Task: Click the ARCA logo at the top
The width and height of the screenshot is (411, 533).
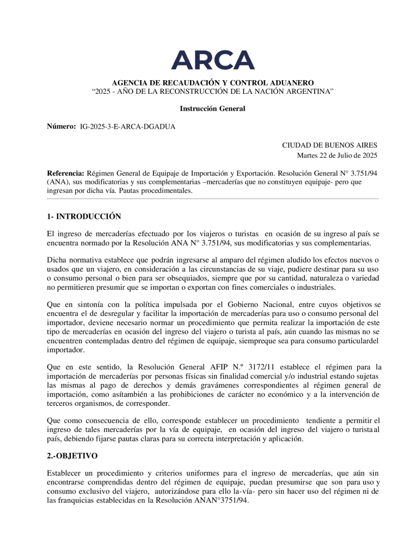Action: [x=213, y=60]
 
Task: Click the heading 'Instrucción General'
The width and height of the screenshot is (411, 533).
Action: [x=212, y=108]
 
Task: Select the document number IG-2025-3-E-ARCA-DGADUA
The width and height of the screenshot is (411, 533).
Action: [x=127, y=127]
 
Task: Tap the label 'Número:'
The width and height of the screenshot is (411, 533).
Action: [x=61, y=127]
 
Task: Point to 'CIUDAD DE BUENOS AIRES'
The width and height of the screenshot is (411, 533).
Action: [x=329, y=145]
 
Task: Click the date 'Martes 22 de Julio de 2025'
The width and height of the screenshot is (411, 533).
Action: [x=337, y=155]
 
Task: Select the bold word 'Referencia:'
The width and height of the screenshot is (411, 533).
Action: [x=66, y=172]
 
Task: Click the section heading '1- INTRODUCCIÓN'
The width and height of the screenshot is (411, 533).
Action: [x=84, y=216]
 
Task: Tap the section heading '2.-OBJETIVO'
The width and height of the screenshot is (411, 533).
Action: [x=72, y=455]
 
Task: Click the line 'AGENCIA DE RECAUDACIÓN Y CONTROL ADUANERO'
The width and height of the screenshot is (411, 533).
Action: [x=213, y=83]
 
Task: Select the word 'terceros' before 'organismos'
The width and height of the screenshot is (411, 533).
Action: [x=61, y=403]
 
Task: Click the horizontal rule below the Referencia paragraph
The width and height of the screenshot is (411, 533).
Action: [x=213, y=199]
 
